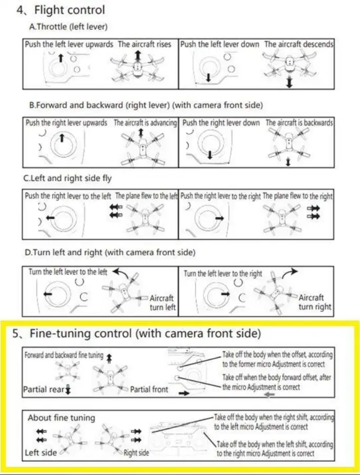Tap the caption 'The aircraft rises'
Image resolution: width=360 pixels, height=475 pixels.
[144, 45]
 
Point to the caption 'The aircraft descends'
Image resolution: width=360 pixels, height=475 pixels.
[299, 45]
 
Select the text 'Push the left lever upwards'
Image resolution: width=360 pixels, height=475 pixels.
[69, 45]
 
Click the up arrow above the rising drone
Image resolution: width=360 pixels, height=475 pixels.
[138, 55]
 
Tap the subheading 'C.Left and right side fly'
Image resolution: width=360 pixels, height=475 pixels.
[68, 179]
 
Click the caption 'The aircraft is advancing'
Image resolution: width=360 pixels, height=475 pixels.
[146, 123]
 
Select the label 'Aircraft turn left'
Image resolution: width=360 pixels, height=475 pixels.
[162, 302]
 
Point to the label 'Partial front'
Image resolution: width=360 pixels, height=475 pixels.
[149, 390]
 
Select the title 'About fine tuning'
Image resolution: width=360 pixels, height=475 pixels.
[61, 418]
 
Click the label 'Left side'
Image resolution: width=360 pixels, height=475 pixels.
[41, 453]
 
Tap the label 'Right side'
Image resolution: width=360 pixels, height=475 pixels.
[136, 453]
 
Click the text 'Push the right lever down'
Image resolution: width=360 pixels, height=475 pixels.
[221, 123]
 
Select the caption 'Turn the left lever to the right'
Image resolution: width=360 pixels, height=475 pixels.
[223, 274]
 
